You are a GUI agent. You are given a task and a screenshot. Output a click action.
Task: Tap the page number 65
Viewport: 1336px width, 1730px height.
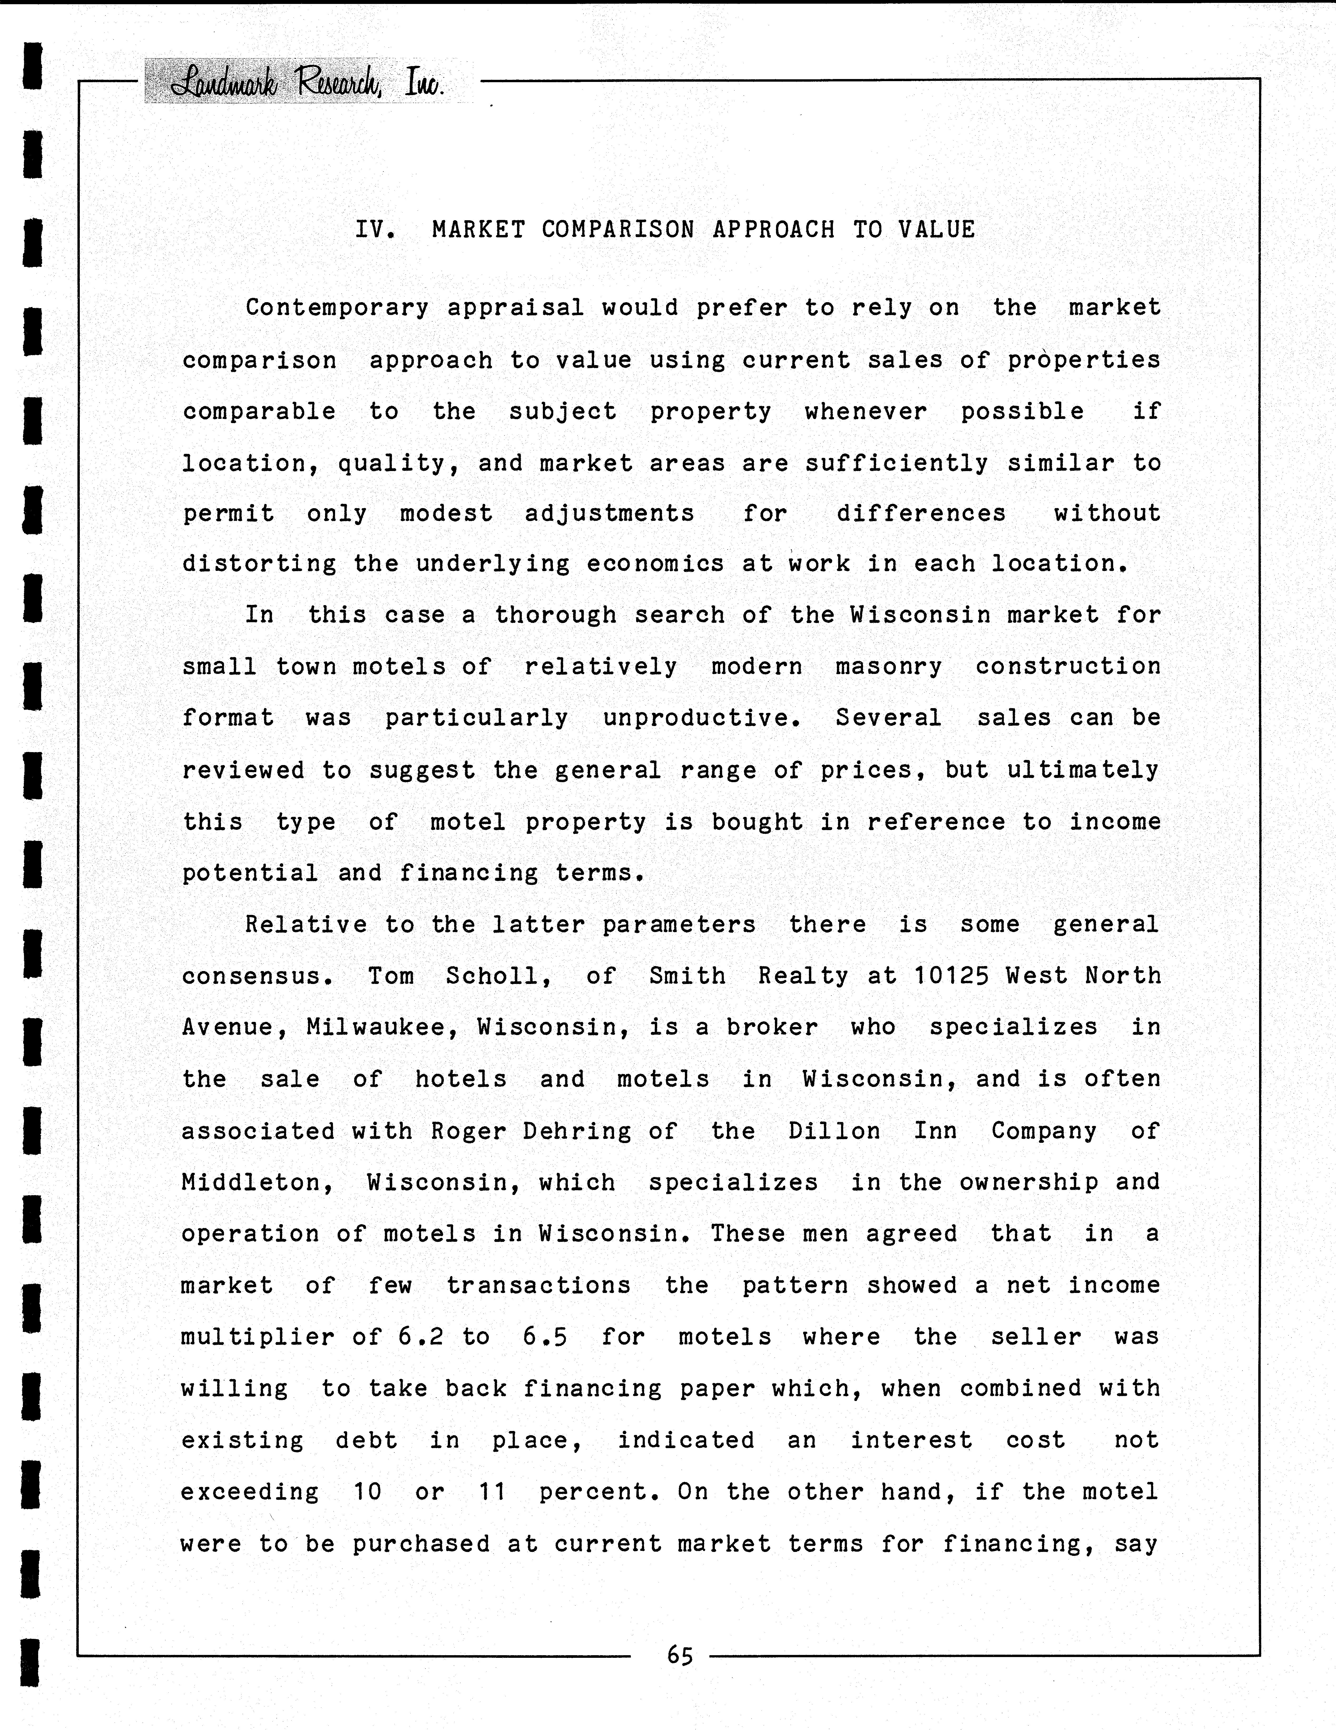click(x=680, y=1655)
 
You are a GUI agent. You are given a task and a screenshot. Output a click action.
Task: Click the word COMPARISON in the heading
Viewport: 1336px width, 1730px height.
click(x=618, y=230)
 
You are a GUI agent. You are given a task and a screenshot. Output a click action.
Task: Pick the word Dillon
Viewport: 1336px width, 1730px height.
click(x=834, y=1131)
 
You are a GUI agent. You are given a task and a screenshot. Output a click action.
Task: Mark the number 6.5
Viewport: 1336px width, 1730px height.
click(x=545, y=1337)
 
